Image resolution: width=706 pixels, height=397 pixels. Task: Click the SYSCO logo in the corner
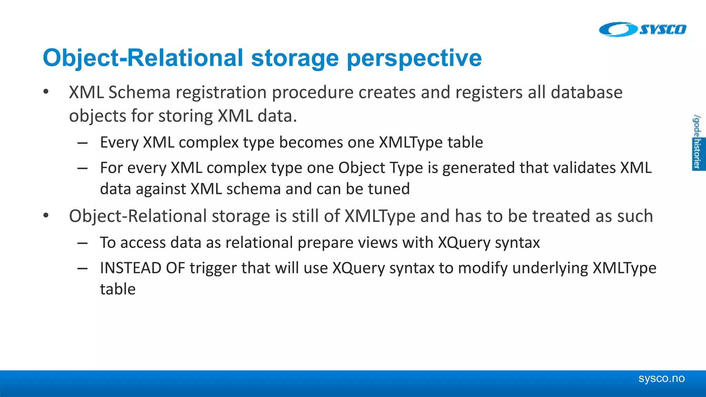click(x=643, y=29)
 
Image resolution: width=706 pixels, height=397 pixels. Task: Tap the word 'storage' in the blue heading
click(x=295, y=58)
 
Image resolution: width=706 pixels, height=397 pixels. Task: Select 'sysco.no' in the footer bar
click(x=661, y=378)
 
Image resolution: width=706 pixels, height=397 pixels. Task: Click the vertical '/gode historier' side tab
click(x=697, y=142)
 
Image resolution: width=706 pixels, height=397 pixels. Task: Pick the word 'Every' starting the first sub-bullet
click(x=119, y=142)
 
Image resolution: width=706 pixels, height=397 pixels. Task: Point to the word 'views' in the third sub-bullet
click(x=378, y=242)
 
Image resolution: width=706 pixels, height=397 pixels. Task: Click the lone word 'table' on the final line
click(x=118, y=289)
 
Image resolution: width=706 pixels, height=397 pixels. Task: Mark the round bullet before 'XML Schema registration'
click(x=46, y=92)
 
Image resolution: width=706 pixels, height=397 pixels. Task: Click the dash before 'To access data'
click(x=82, y=243)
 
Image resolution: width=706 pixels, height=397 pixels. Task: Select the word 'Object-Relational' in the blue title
click(x=143, y=58)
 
